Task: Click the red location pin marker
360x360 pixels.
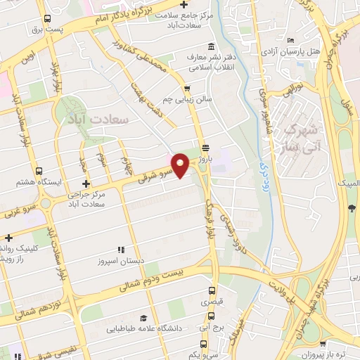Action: [x=181, y=165]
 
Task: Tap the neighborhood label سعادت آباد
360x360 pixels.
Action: [x=99, y=119]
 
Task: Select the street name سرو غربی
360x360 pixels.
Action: [x=15, y=210]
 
